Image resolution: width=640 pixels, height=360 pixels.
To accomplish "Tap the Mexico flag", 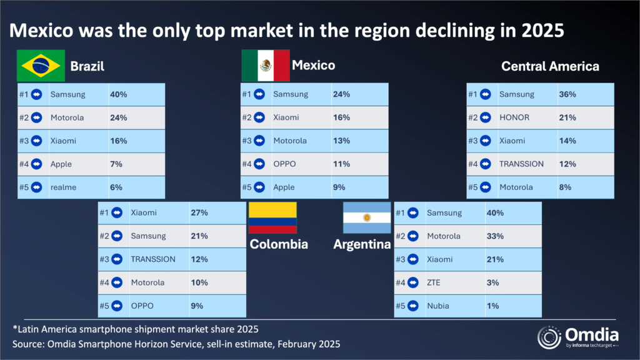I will pyautogui.click(x=266, y=66).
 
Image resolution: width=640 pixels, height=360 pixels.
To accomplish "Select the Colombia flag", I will pyautogui.click(x=272, y=218).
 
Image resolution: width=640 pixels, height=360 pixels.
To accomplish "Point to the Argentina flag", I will pyautogui.click(x=367, y=218).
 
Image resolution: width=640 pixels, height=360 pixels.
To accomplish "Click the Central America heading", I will pyautogui.click(x=550, y=66).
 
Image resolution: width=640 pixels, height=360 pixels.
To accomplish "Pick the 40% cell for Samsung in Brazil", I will pyautogui.click(x=119, y=94).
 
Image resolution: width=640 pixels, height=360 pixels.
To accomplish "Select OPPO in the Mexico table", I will pyautogui.click(x=284, y=164).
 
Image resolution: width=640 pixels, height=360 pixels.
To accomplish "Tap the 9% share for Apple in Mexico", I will pyautogui.click(x=339, y=187).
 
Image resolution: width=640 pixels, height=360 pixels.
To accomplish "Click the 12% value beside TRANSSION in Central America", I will pyautogui.click(x=567, y=164).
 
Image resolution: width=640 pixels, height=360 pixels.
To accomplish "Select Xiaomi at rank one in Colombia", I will pyautogui.click(x=143, y=213).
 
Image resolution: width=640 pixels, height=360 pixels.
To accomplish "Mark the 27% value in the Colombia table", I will pyautogui.click(x=199, y=213).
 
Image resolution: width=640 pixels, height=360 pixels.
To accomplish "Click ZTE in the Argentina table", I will pyautogui.click(x=434, y=282).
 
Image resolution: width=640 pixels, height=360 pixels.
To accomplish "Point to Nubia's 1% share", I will pyautogui.click(x=493, y=306).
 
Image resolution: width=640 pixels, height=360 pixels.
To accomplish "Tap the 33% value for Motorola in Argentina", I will pyautogui.click(x=495, y=236).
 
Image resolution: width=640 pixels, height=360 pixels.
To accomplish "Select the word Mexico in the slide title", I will pyautogui.click(x=51, y=29).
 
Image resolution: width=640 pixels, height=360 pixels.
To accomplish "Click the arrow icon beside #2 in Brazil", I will pyautogui.click(x=37, y=117).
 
